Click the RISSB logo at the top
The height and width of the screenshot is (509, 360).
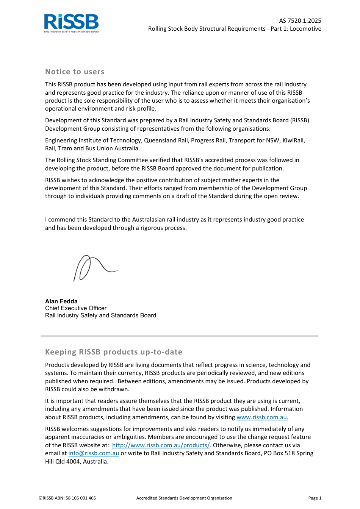[71, 23]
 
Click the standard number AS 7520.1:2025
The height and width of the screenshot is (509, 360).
[300, 21]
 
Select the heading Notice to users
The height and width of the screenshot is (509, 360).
[75, 72]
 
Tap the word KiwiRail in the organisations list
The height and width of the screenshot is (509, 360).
[293, 141]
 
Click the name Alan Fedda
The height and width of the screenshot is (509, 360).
[61, 301]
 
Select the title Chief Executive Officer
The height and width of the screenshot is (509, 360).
[76, 308]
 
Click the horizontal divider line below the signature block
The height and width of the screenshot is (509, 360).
[180, 336]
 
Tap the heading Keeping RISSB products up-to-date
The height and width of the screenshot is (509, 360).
[114, 352]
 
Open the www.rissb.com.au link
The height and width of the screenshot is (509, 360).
[262, 417]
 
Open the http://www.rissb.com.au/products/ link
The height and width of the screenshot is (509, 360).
[161, 445]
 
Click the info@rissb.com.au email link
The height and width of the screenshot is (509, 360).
[94, 453]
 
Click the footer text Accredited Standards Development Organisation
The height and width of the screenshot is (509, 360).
[184, 498]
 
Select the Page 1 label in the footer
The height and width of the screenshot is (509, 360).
[315, 498]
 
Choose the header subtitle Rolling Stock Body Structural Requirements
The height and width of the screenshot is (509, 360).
[207, 29]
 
